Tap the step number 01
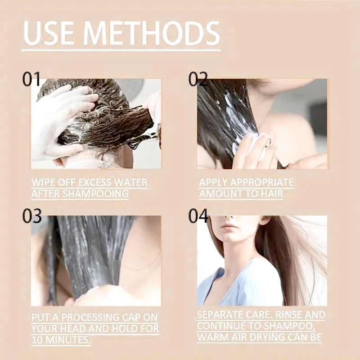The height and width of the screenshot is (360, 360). click(x=31, y=80)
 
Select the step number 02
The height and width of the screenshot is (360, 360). click(x=198, y=80)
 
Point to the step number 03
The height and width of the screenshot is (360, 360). click(x=32, y=216)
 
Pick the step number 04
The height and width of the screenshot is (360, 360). click(x=198, y=216)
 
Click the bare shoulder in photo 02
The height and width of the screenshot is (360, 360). click(x=288, y=130)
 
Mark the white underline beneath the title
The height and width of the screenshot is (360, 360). click(x=121, y=49)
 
